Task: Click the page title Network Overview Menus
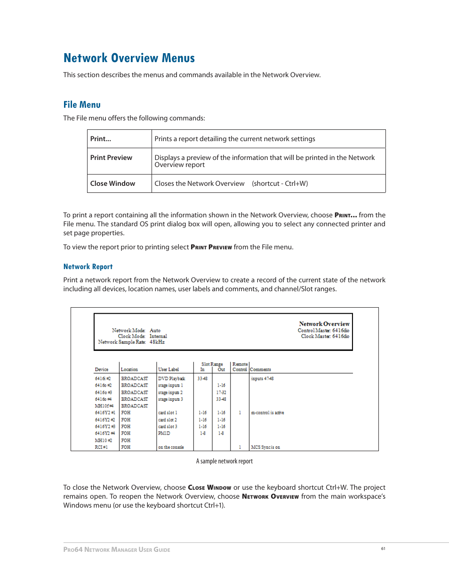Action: click(x=129, y=58)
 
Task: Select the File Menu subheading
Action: click(x=82, y=104)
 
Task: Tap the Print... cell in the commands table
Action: click(x=101, y=139)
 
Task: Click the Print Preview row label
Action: click(x=111, y=158)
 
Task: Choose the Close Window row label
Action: click(x=112, y=183)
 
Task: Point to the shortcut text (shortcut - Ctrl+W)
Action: click(x=280, y=183)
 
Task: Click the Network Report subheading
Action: click(x=88, y=267)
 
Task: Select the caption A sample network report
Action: click(x=224, y=461)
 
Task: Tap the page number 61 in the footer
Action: click(x=383, y=549)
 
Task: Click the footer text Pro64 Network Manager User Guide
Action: click(x=117, y=549)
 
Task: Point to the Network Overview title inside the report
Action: click(x=324, y=324)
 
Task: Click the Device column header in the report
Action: click(x=101, y=369)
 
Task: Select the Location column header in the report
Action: click(x=129, y=369)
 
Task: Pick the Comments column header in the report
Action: click(x=260, y=369)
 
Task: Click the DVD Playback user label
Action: click(x=171, y=378)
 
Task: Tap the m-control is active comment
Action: click(x=267, y=413)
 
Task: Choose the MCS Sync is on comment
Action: click(x=265, y=447)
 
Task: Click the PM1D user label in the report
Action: click(x=164, y=433)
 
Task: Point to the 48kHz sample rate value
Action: click(x=157, y=342)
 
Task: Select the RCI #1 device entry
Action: click(x=101, y=447)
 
